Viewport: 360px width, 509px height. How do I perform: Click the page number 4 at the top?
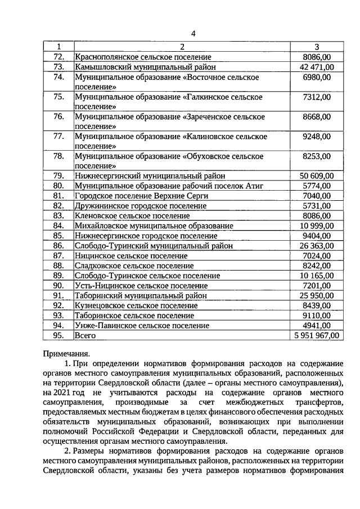(x=192, y=33)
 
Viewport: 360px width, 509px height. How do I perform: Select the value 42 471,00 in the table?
(x=317, y=67)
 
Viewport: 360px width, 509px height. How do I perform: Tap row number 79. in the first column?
(x=58, y=175)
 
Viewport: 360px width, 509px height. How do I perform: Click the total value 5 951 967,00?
(x=317, y=335)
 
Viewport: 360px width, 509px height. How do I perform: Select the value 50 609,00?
(x=317, y=175)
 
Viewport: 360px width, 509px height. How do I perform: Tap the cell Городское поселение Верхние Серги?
(x=141, y=196)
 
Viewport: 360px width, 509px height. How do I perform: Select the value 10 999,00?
(x=317, y=226)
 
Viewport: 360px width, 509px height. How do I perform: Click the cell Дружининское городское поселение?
(x=141, y=206)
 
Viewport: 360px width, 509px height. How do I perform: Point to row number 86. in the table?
(x=58, y=245)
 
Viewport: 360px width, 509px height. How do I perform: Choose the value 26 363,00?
(x=317, y=245)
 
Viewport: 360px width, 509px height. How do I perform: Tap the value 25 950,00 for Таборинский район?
(x=317, y=295)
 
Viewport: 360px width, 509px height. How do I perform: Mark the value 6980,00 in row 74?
(x=318, y=77)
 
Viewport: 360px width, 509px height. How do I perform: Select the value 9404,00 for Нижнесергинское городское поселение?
(x=318, y=236)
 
